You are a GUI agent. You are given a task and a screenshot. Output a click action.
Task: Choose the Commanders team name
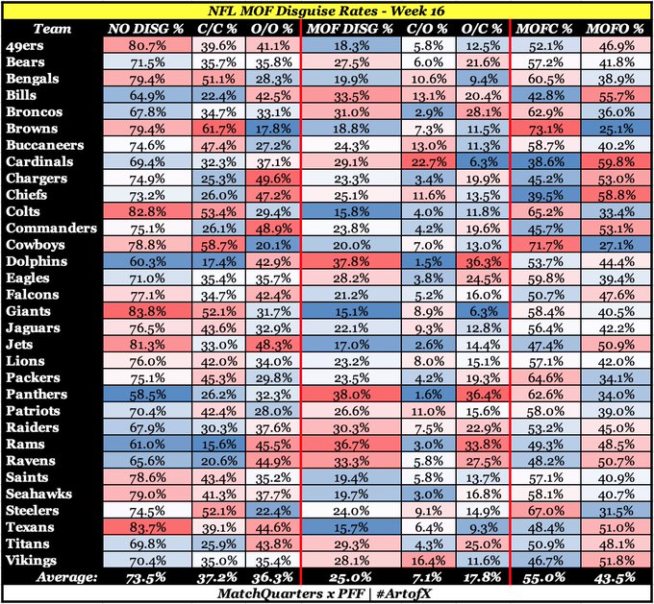click(51, 228)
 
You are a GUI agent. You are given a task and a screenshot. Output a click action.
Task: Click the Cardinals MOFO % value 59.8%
click(615, 161)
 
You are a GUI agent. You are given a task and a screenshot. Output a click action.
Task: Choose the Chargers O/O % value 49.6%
click(275, 178)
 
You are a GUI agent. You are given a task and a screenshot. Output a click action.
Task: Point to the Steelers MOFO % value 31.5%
click(615, 511)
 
